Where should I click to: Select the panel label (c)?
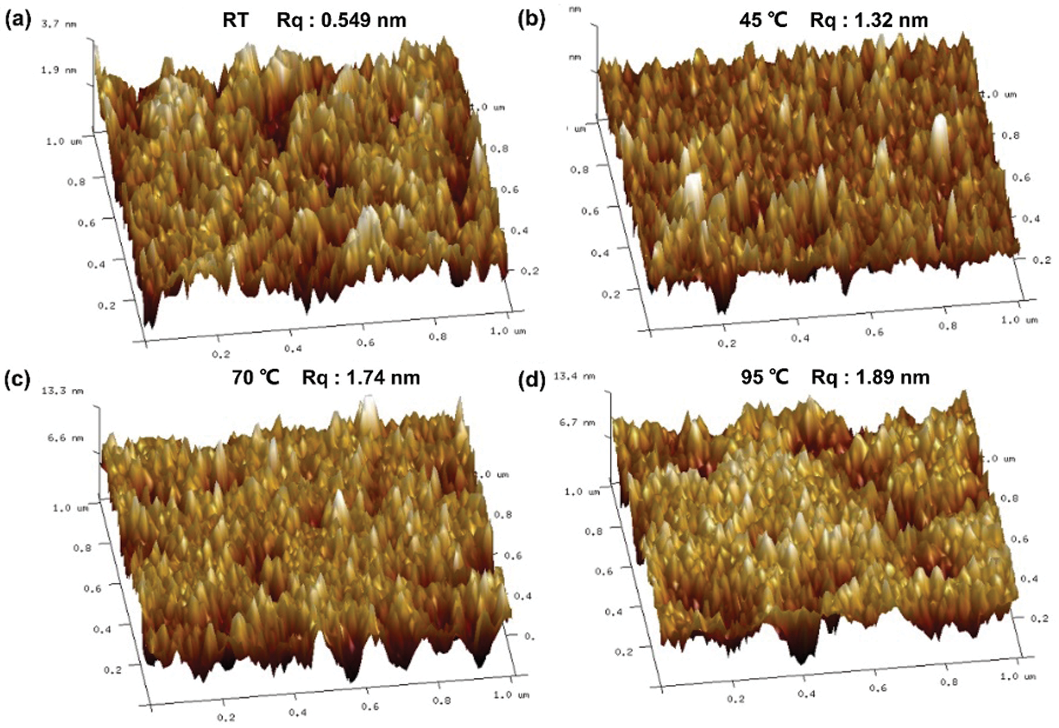(17, 378)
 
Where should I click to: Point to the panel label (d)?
(531, 379)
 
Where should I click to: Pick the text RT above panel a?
(235, 21)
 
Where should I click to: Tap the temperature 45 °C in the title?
(763, 20)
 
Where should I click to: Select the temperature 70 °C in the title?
(255, 377)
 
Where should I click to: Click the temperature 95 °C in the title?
(764, 377)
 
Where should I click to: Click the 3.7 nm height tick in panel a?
(58, 24)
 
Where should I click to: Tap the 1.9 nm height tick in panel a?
(58, 70)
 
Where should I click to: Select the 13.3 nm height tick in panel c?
(62, 390)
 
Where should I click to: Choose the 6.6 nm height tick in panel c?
(65, 437)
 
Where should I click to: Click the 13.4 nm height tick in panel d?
(574, 376)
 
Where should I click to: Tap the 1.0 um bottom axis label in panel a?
(508, 331)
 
